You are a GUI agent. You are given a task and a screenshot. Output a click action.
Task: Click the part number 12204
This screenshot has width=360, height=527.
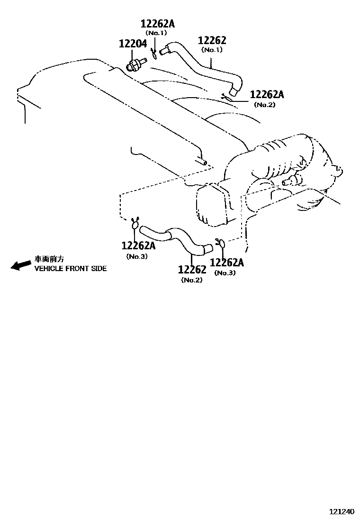click(x=133, y=45)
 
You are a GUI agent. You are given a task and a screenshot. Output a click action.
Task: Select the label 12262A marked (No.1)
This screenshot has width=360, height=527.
click(x=157, y=24)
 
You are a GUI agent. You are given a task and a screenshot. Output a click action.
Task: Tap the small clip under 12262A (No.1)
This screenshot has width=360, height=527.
click(x=154, y=54)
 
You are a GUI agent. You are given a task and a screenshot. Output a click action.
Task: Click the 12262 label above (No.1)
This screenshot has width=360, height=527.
click(x=212, y=41)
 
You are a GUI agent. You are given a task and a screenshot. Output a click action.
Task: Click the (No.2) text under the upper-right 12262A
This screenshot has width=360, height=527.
click(x=264, y=105)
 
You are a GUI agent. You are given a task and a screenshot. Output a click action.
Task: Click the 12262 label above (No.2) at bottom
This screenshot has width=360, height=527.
click(x=192, y=270)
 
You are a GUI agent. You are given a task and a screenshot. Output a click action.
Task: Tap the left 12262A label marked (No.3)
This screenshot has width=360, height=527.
click(x=138, y=245)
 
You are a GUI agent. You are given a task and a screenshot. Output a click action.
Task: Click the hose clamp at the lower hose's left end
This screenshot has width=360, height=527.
click(x=135, y=223)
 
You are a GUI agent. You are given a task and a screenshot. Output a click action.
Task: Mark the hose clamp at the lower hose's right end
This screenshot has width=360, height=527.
click(x=220, y=243)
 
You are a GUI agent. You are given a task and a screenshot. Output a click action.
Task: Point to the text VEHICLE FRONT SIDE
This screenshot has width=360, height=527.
click(x=70, y=268)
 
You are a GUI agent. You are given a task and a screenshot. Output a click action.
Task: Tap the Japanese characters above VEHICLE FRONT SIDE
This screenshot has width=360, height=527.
click(x=49, y=259)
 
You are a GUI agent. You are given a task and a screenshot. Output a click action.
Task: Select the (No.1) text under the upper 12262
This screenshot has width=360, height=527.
click(x=212, y=50)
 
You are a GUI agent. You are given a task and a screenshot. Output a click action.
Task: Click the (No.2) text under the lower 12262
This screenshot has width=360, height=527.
click(x=191, y=280)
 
